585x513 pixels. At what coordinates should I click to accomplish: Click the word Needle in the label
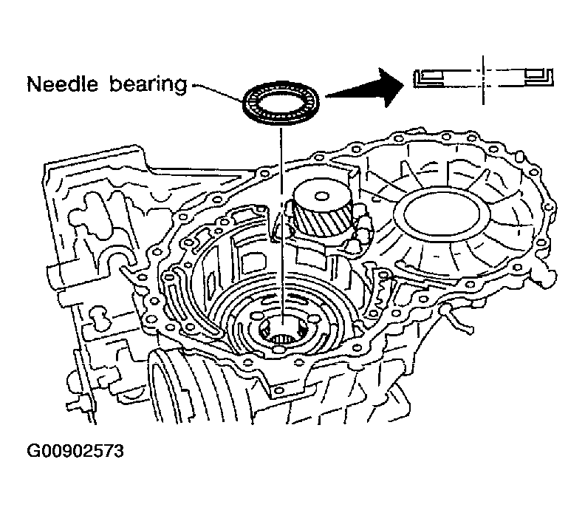[x=60, y=84]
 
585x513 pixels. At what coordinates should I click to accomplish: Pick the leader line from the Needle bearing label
[x=217, y=86]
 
